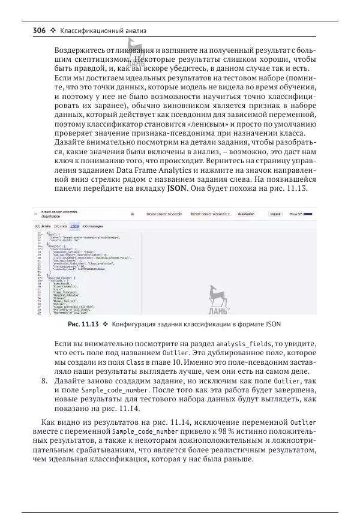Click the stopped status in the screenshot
coord(274,213)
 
